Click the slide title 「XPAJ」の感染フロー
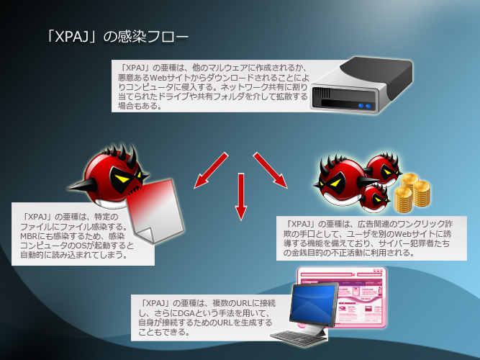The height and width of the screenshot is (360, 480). pyautogui.click(x=117, y=37)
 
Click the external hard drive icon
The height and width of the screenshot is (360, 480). pyautogui.click(x=361, y=85)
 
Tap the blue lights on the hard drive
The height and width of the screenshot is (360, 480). pyautogui.click(x=365, y=106)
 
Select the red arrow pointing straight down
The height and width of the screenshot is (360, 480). pyautogui.click(x=241, y=197)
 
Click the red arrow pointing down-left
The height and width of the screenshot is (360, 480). pyautogui.click(x=212, y=171)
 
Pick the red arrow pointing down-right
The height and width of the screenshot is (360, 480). pyautogui.click(x=271, y=170)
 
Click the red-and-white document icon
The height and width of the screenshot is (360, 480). pyautogui.click(x=155, y=211)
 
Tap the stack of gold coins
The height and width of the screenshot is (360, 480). pyautogui.click(x=412, y=192)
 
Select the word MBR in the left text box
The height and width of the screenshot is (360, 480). pyautogui.click(x=27, y=236)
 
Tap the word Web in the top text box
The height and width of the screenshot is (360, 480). pyautogui.click(x=160, y=77)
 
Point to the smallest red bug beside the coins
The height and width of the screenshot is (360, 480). pyautogui.click(x=374, y=197)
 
